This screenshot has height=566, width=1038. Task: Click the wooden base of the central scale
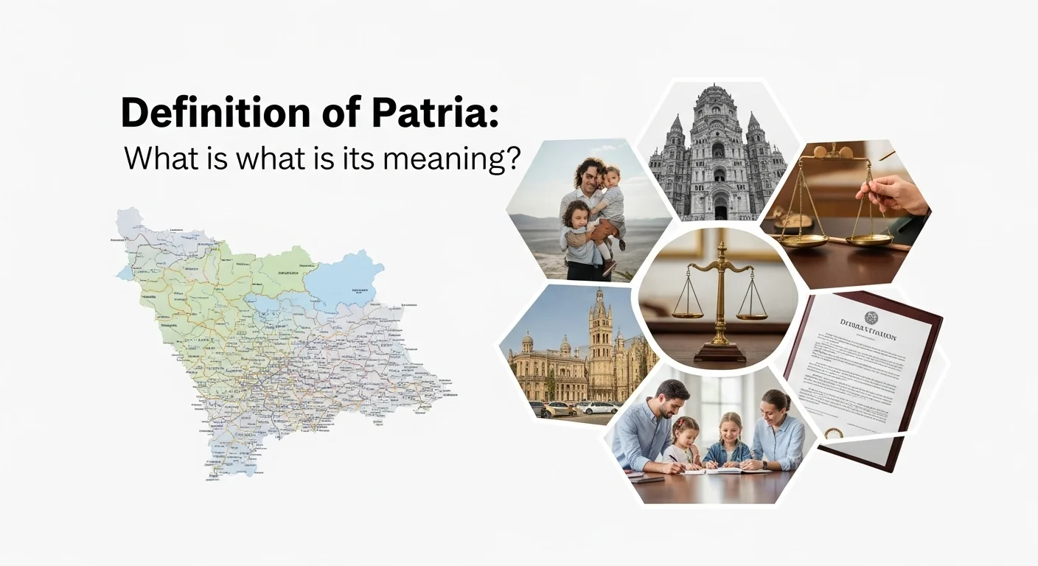coord(720,352)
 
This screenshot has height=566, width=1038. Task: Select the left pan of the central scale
coord(688,313)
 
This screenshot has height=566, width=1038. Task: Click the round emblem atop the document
coord(871,318)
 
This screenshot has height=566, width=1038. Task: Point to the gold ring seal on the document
coord(834,434)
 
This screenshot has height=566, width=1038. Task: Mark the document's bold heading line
coord(868,336)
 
